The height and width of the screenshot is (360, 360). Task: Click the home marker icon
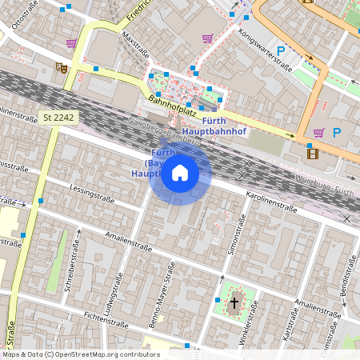(x=180, y=173)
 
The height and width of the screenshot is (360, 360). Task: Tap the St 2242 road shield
(x=59, y=117)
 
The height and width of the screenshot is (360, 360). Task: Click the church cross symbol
(x=234, y=302)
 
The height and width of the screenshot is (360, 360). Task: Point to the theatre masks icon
(x=61, y=69)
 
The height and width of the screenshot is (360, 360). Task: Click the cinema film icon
(x=312, y=154)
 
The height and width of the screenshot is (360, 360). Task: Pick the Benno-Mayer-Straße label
(x=162, y=291)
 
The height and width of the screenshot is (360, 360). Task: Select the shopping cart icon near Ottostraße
(x=72, y=42)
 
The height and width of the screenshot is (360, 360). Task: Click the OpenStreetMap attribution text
(x=80, y=354)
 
